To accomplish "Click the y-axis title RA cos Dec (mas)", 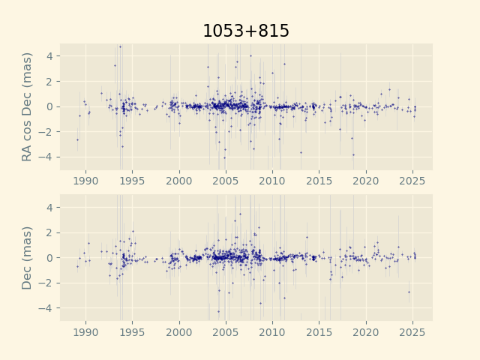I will coord(27,106).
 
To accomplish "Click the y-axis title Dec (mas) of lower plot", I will coord(27,257).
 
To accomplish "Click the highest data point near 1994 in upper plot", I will coord(120,46).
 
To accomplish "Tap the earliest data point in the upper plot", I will coord(76,139).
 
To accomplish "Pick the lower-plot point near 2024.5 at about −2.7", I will coord(409,292).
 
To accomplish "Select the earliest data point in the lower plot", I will coord(76,266).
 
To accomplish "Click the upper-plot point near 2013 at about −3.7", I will coord(301,152).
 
